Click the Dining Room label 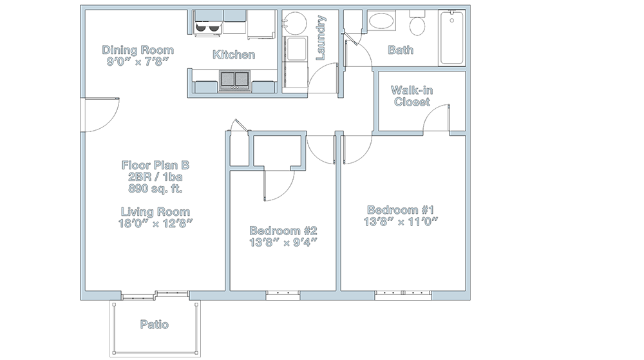(138, 50)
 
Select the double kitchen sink (234, 80)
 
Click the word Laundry (320, 38)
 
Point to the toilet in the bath (417, 24)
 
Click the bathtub (452, 38)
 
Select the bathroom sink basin (381, 21)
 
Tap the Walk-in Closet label (412, 96)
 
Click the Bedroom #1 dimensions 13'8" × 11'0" (401, 222)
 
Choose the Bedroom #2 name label (283, 231)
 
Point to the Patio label (155, 325)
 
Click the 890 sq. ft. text (155, 189)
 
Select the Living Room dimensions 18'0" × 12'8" (156, 223)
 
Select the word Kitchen (234, 55)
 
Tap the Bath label (401, 50)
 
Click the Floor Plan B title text (155, 166)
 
